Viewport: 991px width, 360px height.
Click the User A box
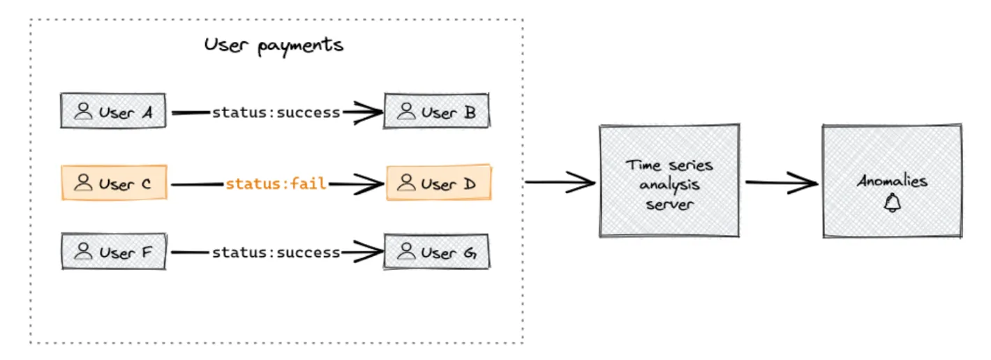click(113, 112)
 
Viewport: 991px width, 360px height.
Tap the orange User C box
click(113, 183)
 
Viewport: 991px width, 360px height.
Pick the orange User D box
click(438, 183)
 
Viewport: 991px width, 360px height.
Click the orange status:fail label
click(276, 184)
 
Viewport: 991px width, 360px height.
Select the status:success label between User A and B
click(276, 112)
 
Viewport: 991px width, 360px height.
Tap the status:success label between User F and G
click(276, 253)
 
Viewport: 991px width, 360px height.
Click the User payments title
click(274, 45)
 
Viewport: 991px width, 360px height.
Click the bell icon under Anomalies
click(892, 203)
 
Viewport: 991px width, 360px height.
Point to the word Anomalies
click(892, 181)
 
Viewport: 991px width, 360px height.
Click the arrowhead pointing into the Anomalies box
click(808, 183)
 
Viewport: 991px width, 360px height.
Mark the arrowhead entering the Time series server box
click(585, 183)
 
